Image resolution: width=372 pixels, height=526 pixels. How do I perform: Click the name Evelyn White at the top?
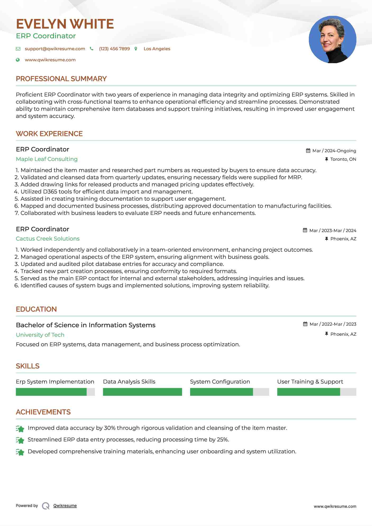coord(65,24)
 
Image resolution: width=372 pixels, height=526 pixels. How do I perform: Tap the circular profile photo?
coord(332,40)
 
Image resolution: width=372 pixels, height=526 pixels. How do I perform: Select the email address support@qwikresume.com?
coord(55,49)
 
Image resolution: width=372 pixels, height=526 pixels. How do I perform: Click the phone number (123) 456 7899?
coord(114,49)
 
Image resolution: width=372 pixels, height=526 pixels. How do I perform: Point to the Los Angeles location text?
coord(157,49)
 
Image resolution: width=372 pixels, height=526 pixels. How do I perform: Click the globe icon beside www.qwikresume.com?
coord(18,60)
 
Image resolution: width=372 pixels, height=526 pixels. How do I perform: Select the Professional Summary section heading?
coord(61,79)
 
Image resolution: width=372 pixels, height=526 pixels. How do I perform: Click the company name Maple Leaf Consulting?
coord(47,159)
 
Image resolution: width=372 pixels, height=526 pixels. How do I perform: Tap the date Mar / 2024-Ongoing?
coord(334,151)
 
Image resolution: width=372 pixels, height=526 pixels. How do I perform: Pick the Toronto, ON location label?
coord(343,159)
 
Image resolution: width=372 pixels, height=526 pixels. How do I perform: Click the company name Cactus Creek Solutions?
coord(48,239)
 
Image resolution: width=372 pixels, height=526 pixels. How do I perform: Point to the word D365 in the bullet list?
coord(50,192)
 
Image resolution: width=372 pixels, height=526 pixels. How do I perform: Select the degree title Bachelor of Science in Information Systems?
coord(85,325)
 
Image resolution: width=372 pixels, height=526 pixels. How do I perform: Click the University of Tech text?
coord(40,335)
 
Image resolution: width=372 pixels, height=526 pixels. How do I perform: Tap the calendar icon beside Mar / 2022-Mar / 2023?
coord(305,324)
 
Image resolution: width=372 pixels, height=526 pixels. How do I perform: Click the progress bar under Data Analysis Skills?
coord(142,392)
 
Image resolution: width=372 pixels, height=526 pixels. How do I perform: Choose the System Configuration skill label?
coord(220,382)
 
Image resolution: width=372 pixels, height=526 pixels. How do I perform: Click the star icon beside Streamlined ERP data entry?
coord(20,440)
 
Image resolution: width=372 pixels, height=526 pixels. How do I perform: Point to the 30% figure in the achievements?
coord(109,428)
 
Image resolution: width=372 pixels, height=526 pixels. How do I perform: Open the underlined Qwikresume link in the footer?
coord(65,506)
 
